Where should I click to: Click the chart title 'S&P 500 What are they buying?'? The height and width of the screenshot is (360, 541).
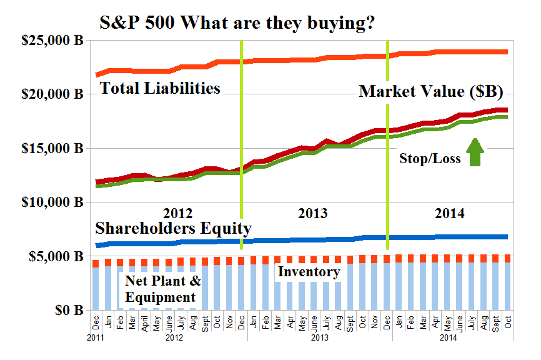tap(237, 23)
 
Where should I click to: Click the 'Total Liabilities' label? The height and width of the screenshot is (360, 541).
tap(161, 87)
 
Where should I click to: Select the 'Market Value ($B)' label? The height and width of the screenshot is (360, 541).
tap(431, 92)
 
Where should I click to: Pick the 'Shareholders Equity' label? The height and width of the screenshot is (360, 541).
tap(172, 228)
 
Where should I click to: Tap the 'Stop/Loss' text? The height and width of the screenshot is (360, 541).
tap(430, 159)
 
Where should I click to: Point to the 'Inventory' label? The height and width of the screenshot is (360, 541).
tap(309, 272)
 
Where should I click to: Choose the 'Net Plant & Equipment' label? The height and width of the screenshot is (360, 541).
tap(161, 289)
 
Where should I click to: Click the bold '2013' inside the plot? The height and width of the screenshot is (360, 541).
tap(312, 213)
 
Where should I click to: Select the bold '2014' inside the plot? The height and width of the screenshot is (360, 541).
tap(449, 213)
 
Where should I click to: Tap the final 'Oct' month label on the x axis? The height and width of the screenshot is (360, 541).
tap(508, 322)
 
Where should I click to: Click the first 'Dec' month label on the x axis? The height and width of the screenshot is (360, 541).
tap(96, 322)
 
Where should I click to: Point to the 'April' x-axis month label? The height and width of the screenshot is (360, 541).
tap(145, 324)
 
